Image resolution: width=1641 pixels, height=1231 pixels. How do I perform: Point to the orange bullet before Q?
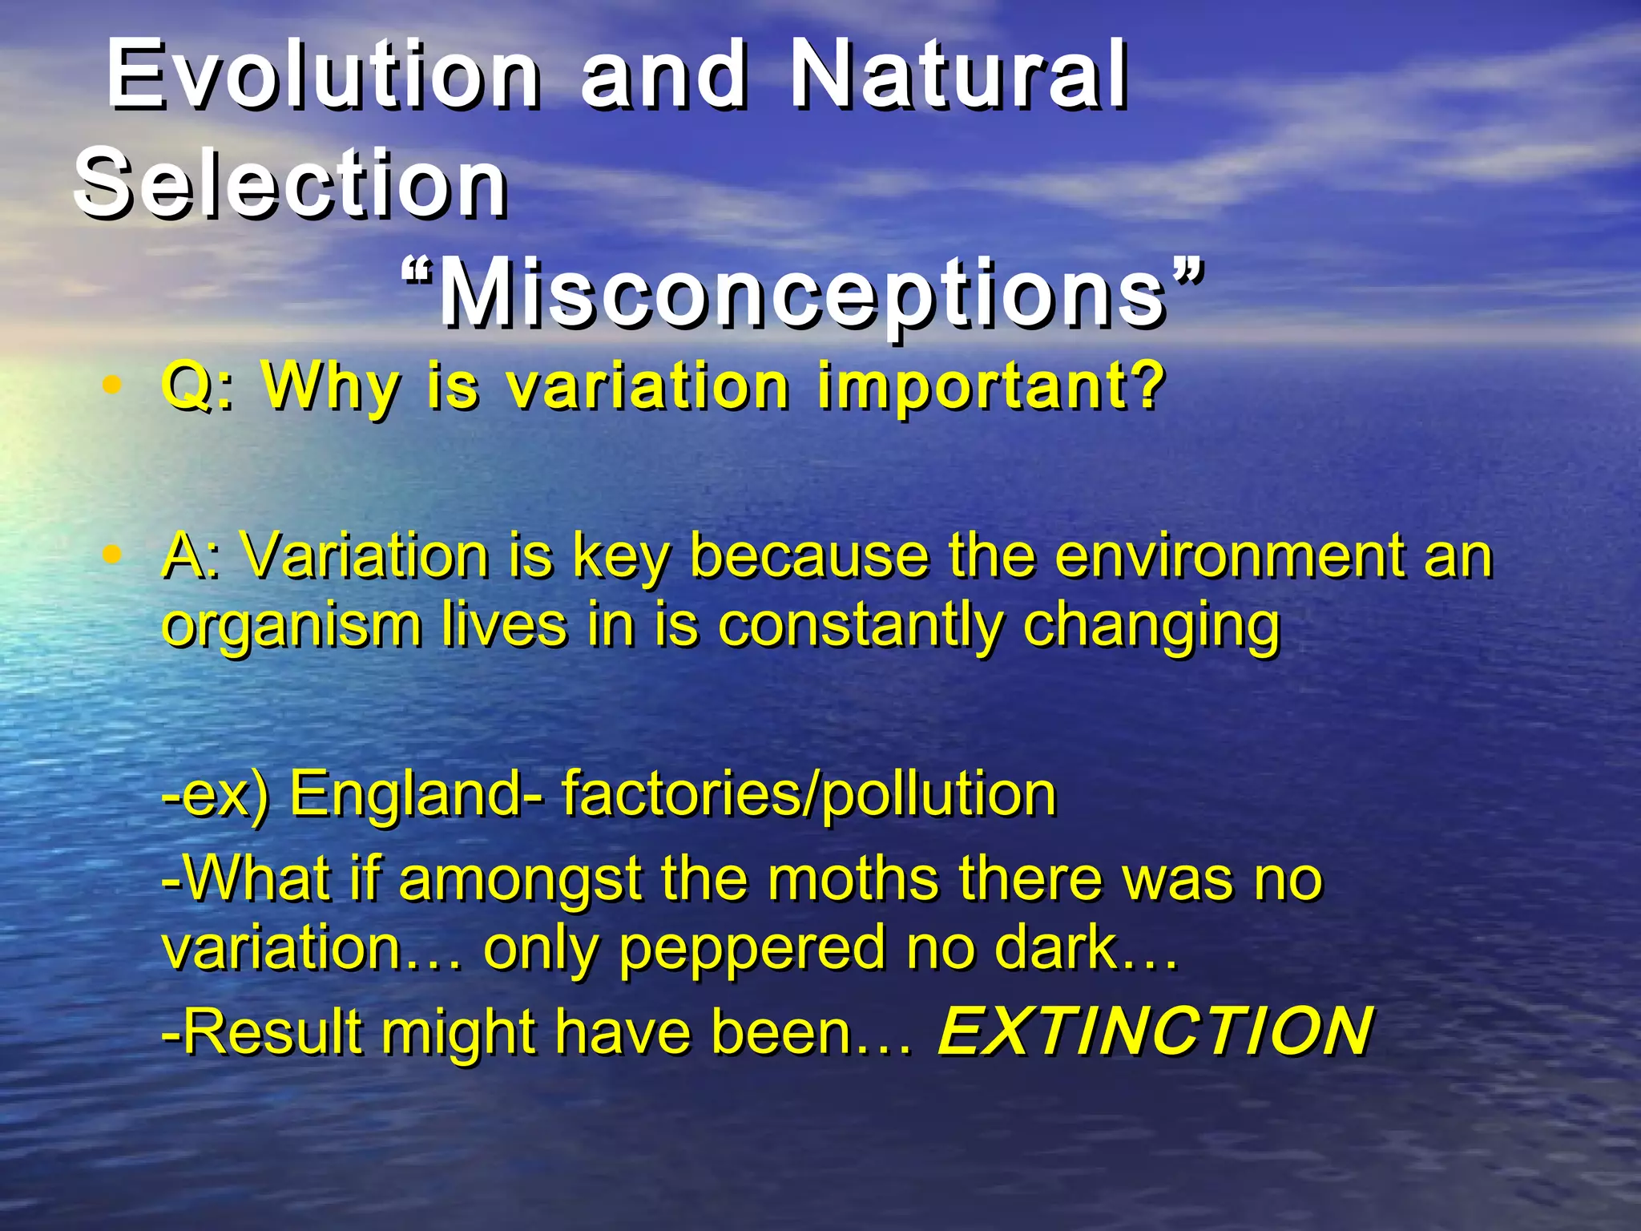coord(113,385)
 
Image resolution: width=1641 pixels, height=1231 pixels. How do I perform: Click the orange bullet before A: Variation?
coord(113,554)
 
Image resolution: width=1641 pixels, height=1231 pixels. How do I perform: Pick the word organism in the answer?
coord(292,627)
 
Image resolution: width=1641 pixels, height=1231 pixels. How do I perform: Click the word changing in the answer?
coord(1151,627)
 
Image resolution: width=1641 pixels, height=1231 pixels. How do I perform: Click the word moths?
coord(853,878)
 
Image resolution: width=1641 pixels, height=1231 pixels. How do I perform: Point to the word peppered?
coord(752,948)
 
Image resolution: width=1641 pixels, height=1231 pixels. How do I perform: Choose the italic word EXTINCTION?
coord(1155,1031)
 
